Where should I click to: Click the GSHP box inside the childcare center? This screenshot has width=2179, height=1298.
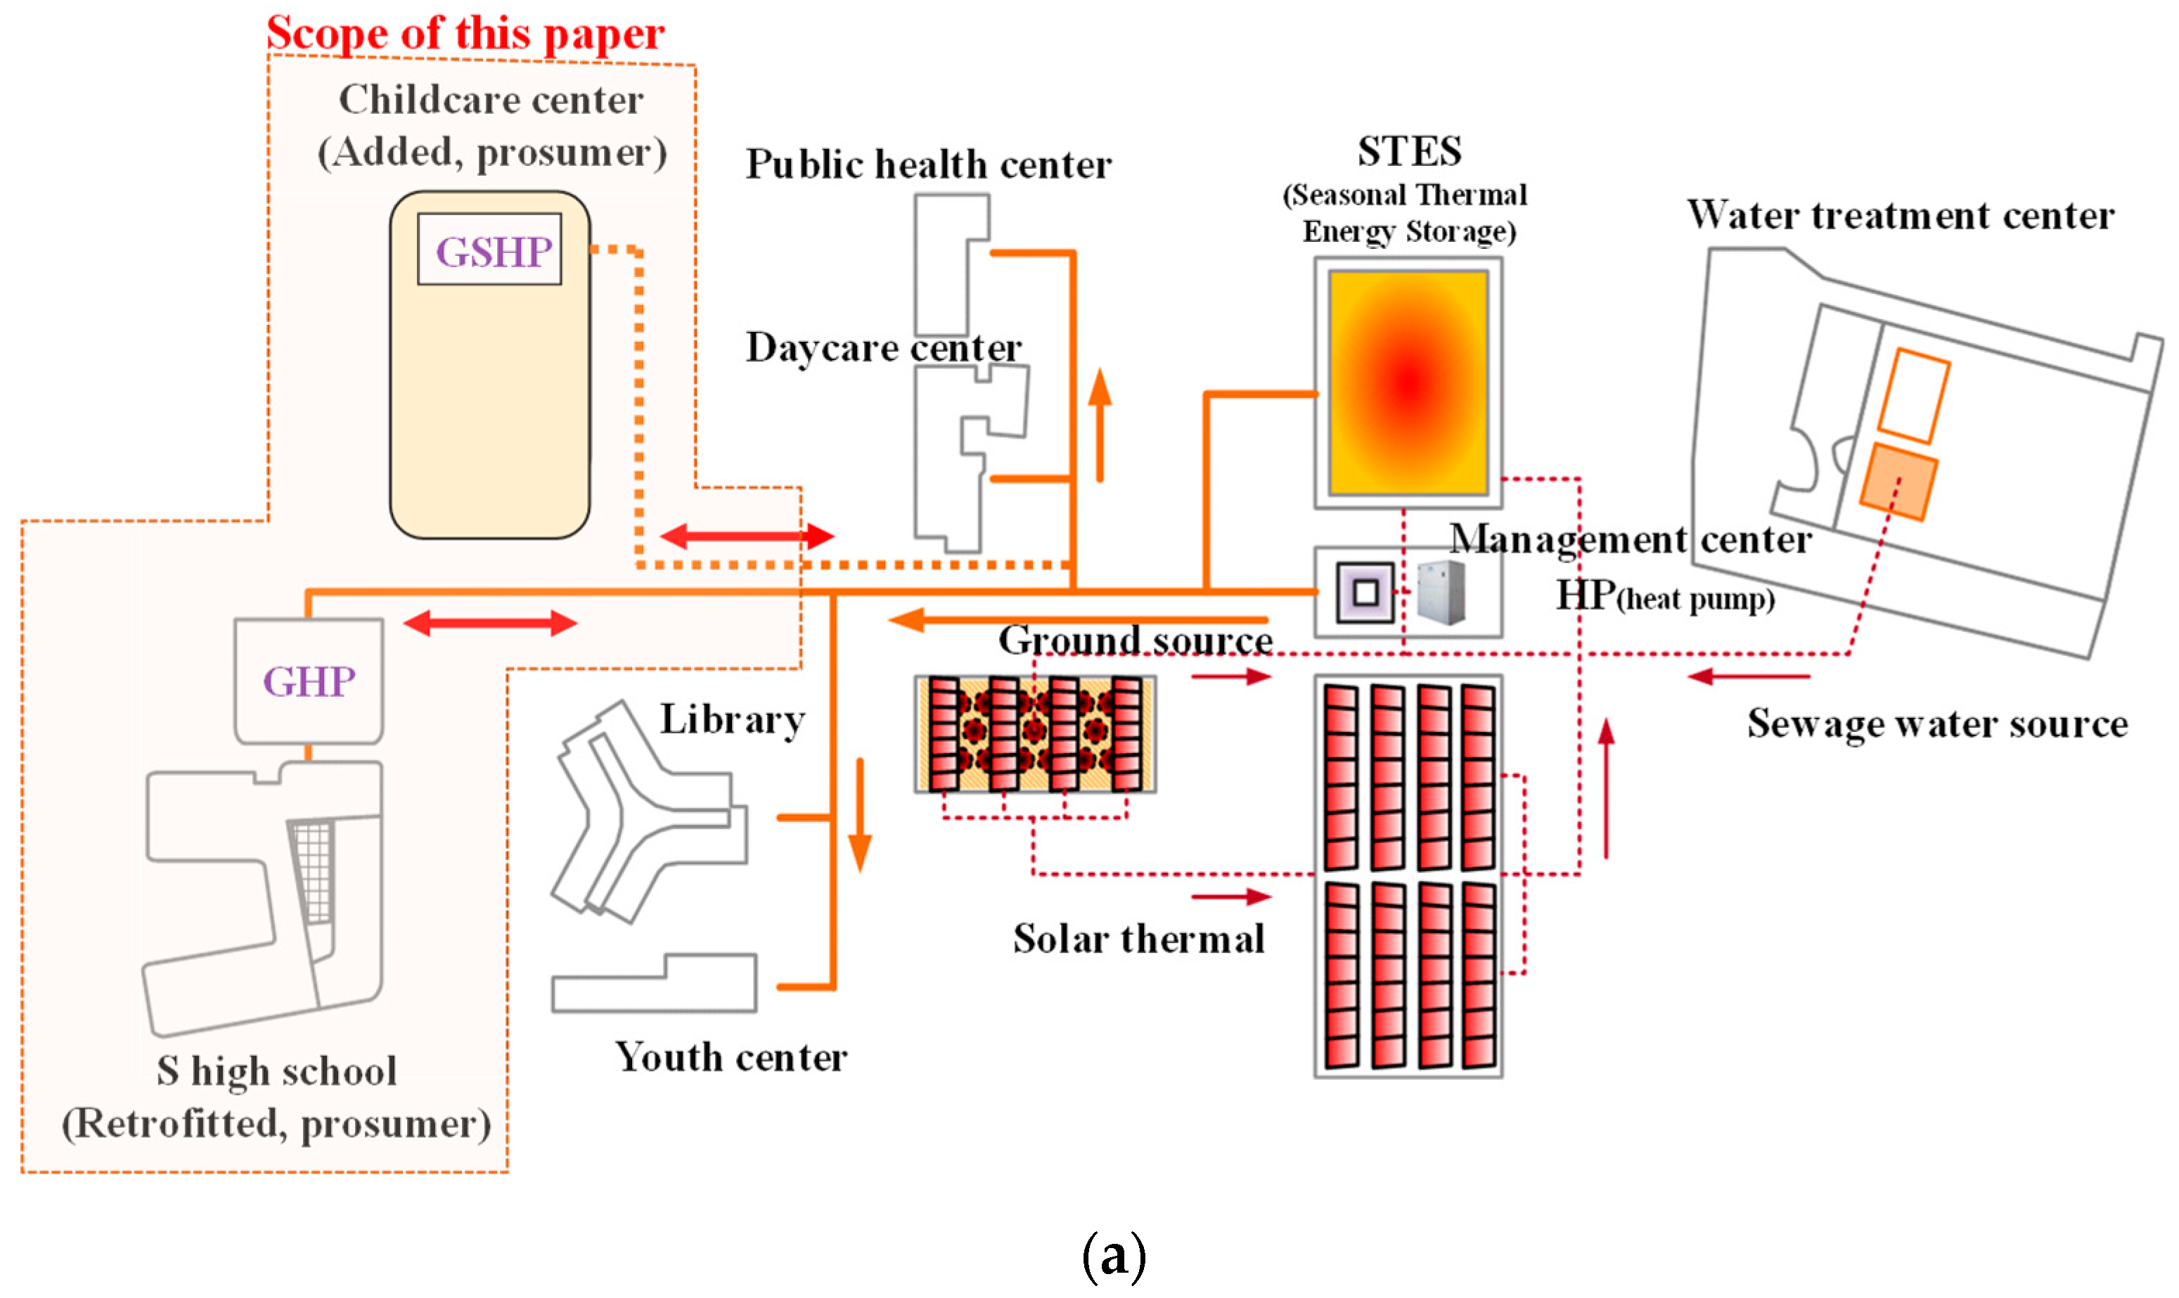[x=489, y=250]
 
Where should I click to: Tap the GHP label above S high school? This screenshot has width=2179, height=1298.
[x=309, y=682]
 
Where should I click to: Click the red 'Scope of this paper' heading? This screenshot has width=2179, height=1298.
[x=465, y=33]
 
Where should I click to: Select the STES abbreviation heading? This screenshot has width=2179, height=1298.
[x=1408, y=152]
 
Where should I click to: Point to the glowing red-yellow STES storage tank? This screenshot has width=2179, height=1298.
[x=1408, y=383]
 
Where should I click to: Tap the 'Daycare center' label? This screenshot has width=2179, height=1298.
[x=883, y=348]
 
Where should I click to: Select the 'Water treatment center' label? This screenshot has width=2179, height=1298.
[x=1899, y=215]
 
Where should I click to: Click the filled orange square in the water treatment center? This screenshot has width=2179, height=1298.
[x=1898, y=482]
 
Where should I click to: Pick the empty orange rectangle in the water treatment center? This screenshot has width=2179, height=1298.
[x=1913, y=397]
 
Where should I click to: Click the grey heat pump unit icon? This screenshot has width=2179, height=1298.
[x=1440, y=593]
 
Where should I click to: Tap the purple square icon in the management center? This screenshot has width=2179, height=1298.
[x=1365, y=593]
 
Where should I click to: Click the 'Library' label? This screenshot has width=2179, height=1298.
[x=732, y=721]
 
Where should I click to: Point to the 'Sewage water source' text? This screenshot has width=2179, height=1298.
[x=1937, y=724]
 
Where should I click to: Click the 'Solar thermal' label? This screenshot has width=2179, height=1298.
[x=1138, y=939]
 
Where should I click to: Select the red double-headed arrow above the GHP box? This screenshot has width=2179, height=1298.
[x=489, y=624]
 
